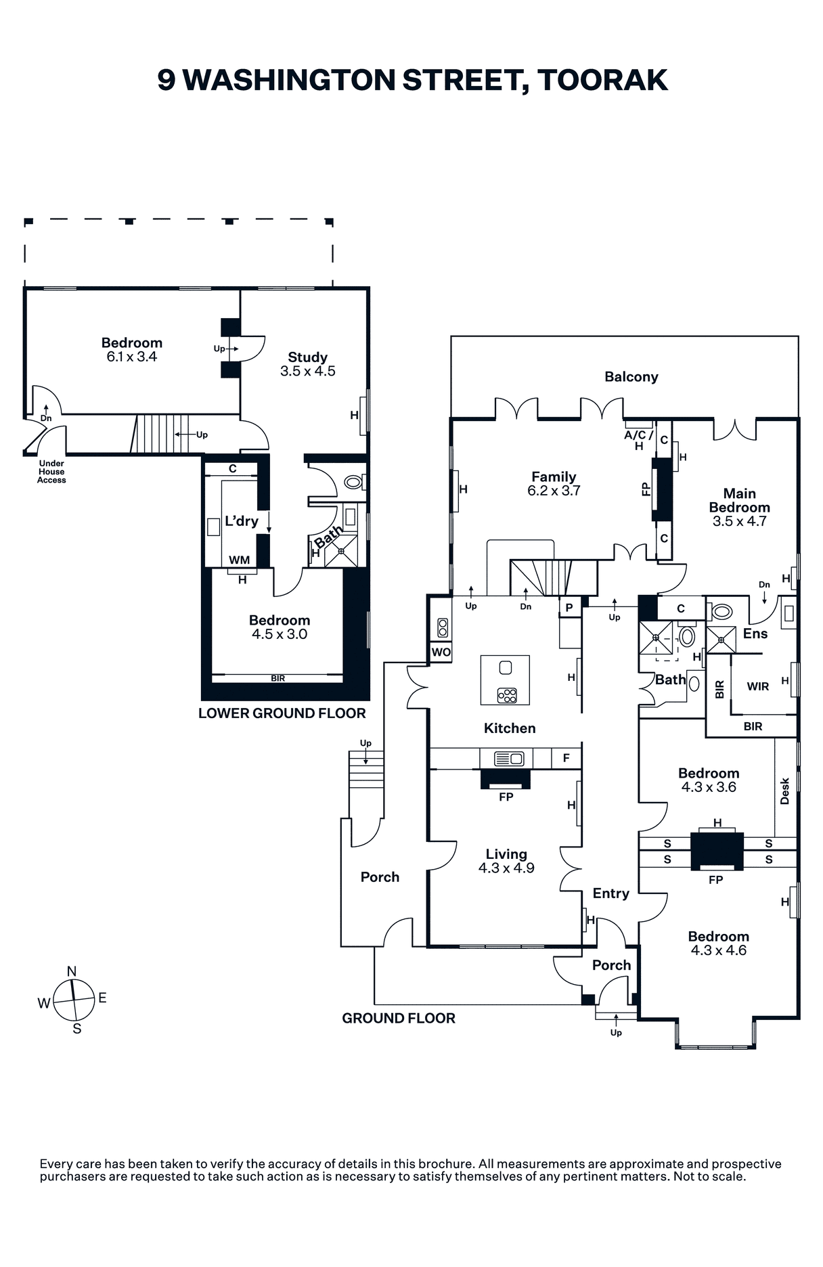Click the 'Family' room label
pos(553,476)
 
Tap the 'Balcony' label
pos(631,377)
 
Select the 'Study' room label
pos(307,357)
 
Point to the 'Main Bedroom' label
pos(739,500)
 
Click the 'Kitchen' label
pos(510,728)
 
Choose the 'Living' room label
pos(506,854)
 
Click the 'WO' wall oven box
pos(441,652)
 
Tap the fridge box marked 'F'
pos(566,758)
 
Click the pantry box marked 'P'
pos(569,607)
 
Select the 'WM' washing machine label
pos(240,560)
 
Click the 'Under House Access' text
pos(51,472)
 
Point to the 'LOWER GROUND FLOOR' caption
pos(282,713)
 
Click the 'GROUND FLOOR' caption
pos(399,1018)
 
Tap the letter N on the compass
pos(72,972)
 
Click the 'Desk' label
pos(785,791)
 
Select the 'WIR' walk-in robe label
pos(758,686)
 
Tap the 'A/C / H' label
pos(639,440)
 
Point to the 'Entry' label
pos(610,893)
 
